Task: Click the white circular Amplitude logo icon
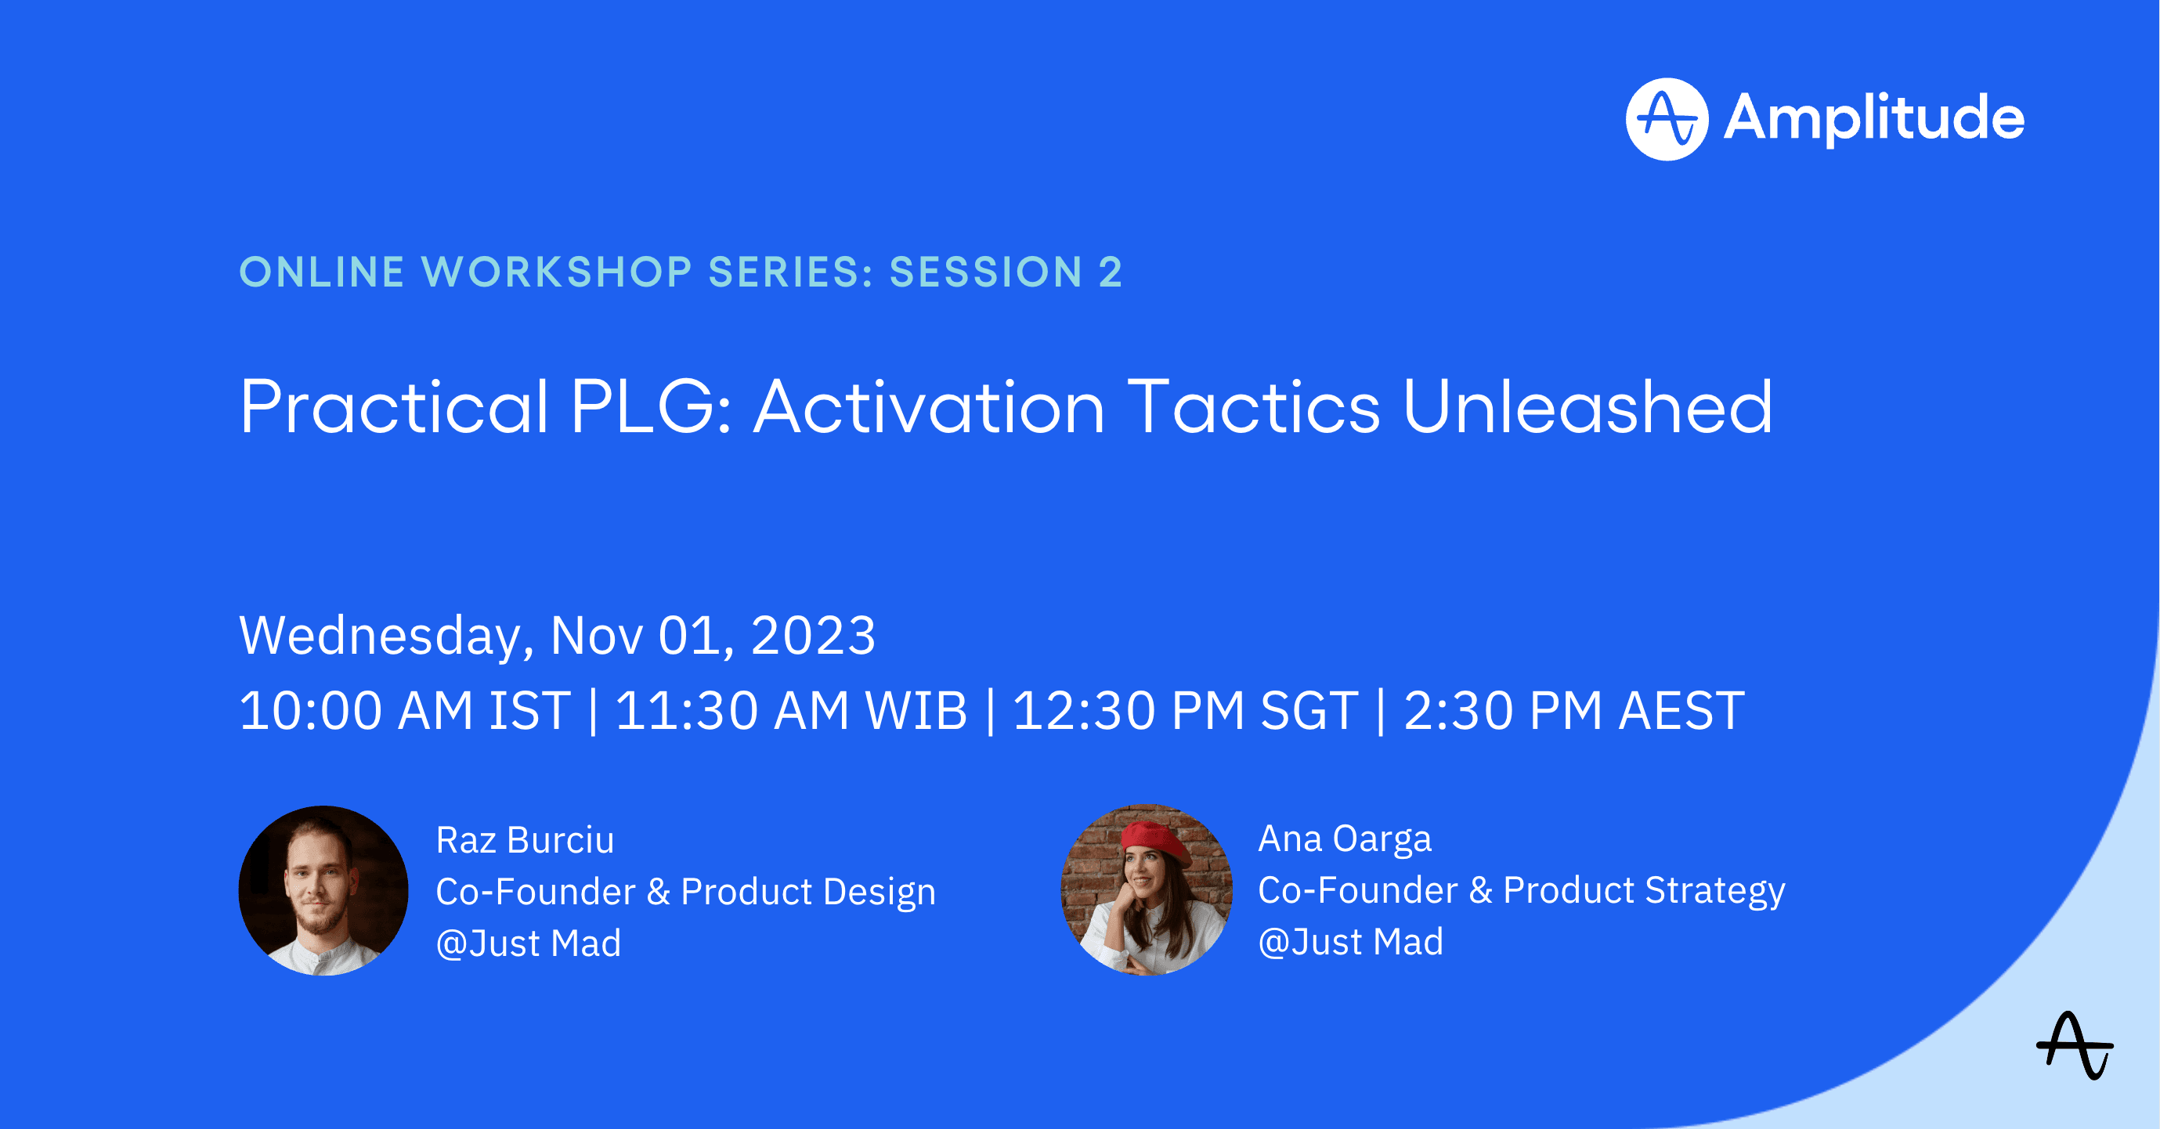1667,119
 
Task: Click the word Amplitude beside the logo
1874,119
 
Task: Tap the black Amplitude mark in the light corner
2075,1045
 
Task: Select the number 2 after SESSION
1111,272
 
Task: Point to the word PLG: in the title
651,406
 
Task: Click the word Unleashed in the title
1587,406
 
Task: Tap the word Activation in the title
929,406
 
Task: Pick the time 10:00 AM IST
405,711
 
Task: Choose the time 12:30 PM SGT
1185,711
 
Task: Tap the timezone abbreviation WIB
916,711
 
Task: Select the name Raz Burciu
525,840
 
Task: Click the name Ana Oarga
1345,839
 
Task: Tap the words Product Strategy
1643,891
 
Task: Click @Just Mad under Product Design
529,943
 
